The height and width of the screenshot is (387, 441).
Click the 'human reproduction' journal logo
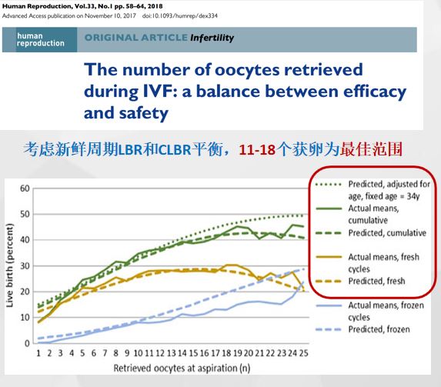pyautogui.click(x=41, y=40)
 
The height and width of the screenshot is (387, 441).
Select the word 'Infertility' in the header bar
pyautogui.click(x=212, y=38)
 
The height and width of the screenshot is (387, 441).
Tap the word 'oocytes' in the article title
pyautogui.click(x=247, y=69)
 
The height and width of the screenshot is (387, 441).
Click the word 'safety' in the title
pyautogui.click(x=143, y=113)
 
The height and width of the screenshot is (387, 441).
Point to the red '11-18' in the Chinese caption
pyautogui.click(x=257, y=149)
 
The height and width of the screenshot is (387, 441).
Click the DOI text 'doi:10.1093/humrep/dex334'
pyautogui.click(x=180, y=15)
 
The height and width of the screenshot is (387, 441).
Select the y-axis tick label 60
pyautogui.click(x=25, y=188)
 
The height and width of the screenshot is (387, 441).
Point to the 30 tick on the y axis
pyautogui.click(x=25, y=265)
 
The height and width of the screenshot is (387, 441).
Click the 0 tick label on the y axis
pyautogui.click(x=27, y=343)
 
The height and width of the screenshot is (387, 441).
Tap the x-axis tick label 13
pyautogui.click(x=172, y=353)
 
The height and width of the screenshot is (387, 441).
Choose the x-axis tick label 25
pyautogui.click(x=303, y=353)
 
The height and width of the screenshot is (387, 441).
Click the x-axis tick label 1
pyautogui.click(x=38, y=353)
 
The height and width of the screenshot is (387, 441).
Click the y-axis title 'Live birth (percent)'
pyautogui.click(x=10, y=265)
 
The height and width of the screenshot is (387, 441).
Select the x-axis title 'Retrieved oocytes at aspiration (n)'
pyautogui.click(x=182, y=369)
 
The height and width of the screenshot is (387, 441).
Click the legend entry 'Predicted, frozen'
pyautogui.click(x=379, y=329)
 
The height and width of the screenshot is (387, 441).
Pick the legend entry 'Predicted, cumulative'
pyautogui.click(x=387, y=233)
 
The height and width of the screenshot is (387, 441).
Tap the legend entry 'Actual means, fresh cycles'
pyautogui.click(x=383, y=262)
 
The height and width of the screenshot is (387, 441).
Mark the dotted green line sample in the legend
pyautogui.click(x=329, y=185)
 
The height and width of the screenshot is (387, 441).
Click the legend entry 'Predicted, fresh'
pyautogui.click(x=376, y=281)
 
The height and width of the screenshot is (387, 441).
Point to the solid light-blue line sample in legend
pyautogui.click(x=329, y=305)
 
